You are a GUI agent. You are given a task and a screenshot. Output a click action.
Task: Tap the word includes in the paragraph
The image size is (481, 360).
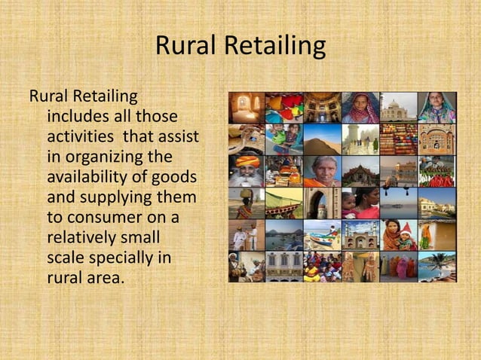(x=81, y=117)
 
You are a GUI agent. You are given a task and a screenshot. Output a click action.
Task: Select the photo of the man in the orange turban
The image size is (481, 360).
(x=247, y=171)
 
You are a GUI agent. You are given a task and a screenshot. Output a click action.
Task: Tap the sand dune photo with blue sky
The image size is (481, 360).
(x=323, y=139)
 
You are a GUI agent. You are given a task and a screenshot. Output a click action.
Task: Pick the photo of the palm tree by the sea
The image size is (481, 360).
(x=437, y=267)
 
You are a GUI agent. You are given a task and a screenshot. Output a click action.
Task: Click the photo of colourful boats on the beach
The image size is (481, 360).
(x=323, y=234)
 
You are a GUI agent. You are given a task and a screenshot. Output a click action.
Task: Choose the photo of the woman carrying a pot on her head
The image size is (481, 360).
(x=247, y=203)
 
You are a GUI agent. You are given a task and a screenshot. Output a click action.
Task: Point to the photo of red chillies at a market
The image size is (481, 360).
(x=437, y=171)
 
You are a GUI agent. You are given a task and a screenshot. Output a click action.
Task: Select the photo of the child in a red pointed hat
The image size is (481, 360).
(x=399, y=234)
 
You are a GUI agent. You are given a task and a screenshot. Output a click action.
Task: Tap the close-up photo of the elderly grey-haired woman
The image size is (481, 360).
(x=323, y=171)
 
